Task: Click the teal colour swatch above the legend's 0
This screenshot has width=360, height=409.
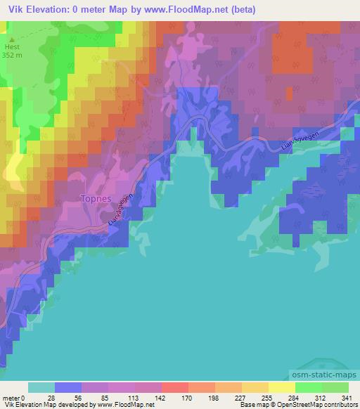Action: pyautogui.click(x=41, y=387)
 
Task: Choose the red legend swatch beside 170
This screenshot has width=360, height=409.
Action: pyautogui.click(x=175, y=387)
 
